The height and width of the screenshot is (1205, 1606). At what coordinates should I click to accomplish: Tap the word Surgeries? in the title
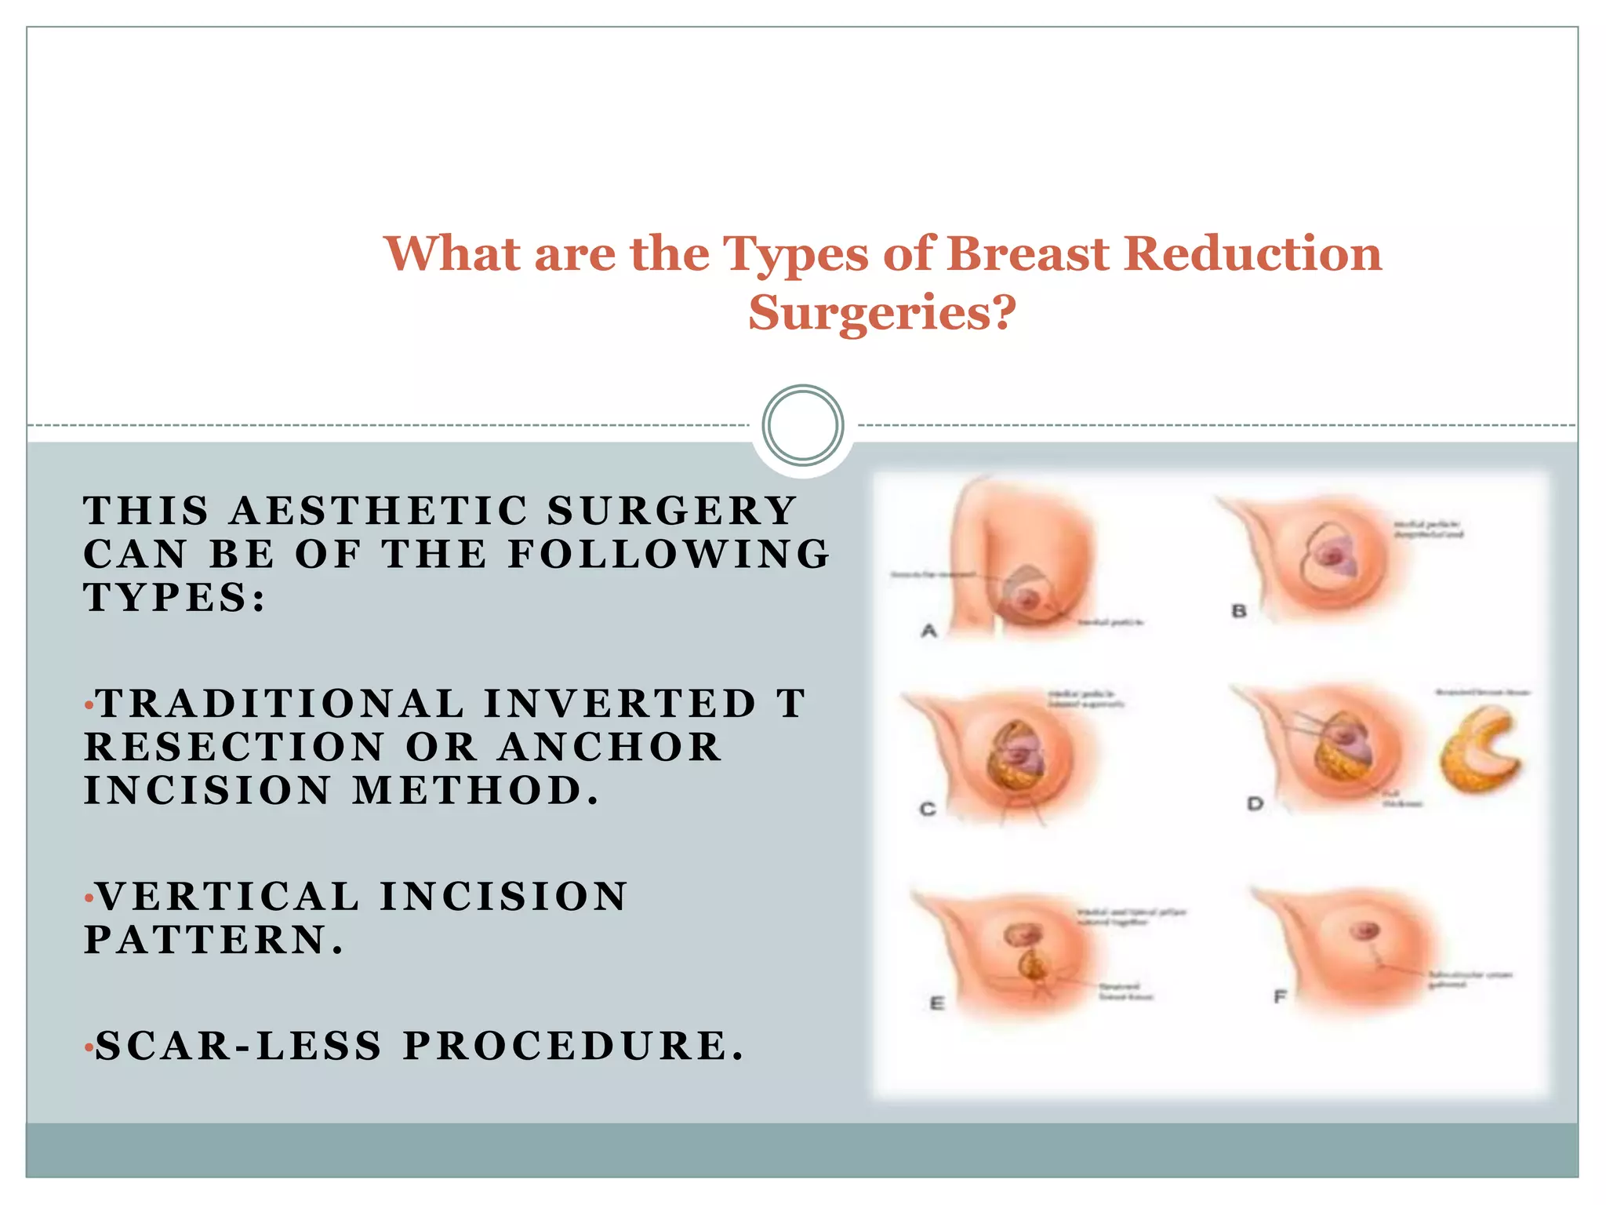[881, 312]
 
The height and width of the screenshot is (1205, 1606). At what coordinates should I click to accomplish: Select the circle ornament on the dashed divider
[802, 425]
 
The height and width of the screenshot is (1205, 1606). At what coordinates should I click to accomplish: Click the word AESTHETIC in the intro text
[380, 511]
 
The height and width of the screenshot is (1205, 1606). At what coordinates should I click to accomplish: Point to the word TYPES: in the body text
[175, 598]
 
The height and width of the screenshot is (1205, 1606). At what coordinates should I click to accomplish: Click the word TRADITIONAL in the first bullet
[280, 704]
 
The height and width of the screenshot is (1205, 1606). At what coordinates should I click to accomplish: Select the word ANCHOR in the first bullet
[609, 747]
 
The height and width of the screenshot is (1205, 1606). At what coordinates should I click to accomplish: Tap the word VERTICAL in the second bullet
[227, 897]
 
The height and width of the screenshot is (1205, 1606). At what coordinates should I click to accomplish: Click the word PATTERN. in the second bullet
[214, 940]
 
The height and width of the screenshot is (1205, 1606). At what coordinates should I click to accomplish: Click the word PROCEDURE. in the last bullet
[573, 1047]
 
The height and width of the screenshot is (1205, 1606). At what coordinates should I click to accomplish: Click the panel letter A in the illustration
[928, 631]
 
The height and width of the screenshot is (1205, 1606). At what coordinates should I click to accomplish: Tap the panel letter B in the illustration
[1238, 611]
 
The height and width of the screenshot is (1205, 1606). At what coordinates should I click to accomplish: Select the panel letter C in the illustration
[927, 809]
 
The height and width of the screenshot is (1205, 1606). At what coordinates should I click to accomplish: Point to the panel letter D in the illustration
[1255, 804]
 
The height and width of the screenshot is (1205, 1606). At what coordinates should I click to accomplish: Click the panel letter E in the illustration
[936, 1003]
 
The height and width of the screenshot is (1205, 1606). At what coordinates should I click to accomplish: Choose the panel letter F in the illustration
[1280, 997]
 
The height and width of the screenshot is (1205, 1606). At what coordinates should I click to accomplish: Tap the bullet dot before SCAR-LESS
[89, 1048]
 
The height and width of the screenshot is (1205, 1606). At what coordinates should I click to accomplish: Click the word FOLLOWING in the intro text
[669, 555]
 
